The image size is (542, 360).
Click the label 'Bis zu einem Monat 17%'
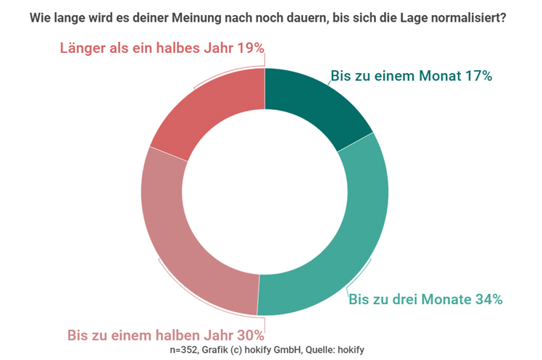point(412,76)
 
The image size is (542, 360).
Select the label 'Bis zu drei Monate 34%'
point(426,299)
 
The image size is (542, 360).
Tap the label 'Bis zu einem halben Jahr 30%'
point(165,335)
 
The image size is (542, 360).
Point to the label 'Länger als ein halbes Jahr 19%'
point(161,49)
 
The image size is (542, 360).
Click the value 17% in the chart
point(479,76)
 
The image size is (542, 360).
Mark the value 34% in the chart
point(488,299)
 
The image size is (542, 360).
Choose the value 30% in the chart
point(249,335)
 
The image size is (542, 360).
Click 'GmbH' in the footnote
point(289,349)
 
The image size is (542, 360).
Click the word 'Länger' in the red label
point(83,49)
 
